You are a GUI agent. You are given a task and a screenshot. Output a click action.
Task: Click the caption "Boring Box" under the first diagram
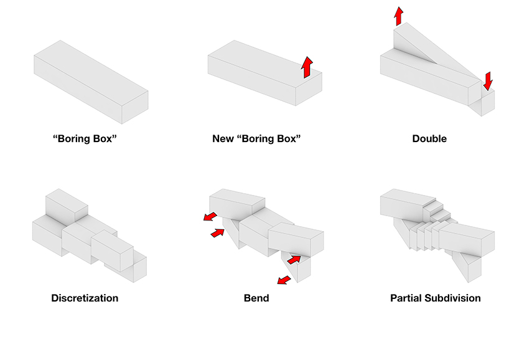85,138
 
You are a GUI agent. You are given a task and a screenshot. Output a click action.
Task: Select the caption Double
429,138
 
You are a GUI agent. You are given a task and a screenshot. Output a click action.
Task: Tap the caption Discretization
85,298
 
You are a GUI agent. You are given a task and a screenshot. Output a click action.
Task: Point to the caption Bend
256,298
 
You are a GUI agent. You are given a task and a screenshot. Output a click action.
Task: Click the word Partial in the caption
408,298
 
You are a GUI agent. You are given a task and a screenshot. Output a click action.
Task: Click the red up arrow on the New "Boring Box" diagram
307,67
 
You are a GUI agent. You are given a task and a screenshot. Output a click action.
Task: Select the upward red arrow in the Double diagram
398,16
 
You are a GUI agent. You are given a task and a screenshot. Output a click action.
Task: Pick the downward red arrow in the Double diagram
488,80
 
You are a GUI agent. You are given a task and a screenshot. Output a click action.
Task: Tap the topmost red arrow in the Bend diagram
210,217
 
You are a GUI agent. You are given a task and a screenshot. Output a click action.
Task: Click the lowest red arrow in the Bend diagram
283,282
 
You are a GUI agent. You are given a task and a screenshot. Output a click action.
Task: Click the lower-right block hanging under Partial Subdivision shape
472,268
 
